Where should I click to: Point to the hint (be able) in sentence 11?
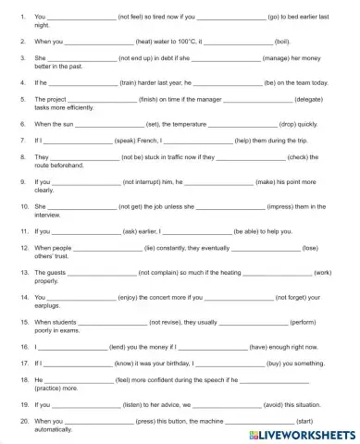[x=248, y=231]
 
